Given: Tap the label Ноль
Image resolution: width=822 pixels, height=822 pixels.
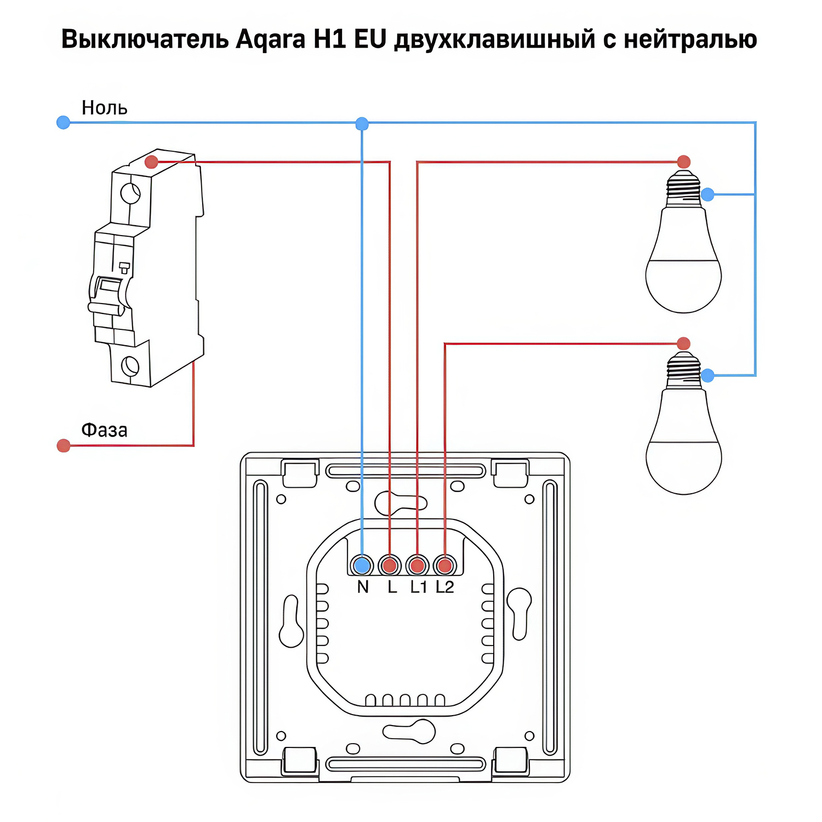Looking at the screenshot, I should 104,108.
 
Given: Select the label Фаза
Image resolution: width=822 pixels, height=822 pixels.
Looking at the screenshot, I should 104,430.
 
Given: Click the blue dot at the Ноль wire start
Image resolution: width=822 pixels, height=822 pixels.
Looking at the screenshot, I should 64,122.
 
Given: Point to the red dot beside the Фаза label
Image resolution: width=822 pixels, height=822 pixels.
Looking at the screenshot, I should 64,446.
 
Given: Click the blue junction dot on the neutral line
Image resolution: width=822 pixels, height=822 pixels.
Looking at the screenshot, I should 362,124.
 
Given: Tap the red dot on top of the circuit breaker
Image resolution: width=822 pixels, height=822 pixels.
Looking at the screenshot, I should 151,162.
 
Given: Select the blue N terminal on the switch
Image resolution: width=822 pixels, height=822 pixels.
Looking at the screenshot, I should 362,565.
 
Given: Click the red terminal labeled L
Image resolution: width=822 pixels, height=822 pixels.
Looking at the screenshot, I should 390,565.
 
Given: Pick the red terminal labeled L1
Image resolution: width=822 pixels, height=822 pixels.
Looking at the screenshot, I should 417,565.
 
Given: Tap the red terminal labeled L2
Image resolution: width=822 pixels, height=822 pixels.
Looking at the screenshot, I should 445,565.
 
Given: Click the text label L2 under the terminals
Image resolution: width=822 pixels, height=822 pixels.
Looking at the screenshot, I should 445,587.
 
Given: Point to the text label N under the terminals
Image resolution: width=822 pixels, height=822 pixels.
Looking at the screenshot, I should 363,587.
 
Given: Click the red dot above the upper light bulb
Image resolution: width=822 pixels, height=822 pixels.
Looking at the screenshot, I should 683,162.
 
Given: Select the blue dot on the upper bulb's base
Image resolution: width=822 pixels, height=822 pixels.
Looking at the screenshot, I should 707,194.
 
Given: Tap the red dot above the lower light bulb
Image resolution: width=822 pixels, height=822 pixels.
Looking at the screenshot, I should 683,344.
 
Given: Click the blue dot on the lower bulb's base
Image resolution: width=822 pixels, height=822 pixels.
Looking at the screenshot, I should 707,375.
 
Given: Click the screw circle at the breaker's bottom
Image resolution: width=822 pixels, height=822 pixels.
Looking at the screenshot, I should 130,365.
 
